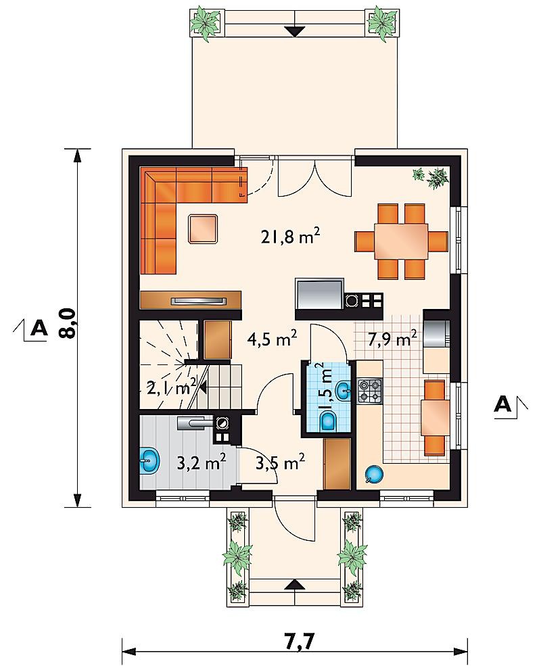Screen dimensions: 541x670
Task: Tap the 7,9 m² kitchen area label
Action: (392, 339)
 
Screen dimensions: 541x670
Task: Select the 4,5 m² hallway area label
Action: (273, 339)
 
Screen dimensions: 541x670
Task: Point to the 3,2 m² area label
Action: (201, 462)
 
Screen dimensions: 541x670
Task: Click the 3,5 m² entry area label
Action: (280, 462)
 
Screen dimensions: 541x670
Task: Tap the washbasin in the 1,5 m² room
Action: (343, 390)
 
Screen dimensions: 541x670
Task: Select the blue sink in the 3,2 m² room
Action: (149, 460)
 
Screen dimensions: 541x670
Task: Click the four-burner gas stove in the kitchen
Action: (370, 391)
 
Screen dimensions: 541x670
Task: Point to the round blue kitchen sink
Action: (373, 475)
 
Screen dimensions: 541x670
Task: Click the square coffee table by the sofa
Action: (204, 229)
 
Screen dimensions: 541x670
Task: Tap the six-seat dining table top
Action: (401, 241)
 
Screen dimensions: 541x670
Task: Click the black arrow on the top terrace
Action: (294, 32)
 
